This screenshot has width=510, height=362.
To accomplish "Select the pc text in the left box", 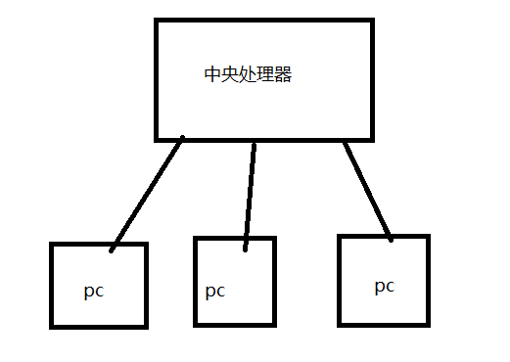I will tap(94, 291).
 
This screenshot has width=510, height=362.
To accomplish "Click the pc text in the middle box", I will tap(215, 291).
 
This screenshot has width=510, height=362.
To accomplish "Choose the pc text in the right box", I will tap(384, 286).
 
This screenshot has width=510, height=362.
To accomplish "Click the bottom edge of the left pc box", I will tap(98, 325).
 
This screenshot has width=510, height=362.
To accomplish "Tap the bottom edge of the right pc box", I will tap(384, 323).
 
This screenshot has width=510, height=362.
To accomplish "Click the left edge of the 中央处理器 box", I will tap(157, 78).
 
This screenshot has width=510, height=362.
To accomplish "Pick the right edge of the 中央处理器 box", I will tap(372, 78).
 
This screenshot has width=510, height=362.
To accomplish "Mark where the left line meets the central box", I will tap(182, 141).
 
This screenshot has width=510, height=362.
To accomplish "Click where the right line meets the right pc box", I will tap(390, 237).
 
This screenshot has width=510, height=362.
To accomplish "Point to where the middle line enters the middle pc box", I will tap(246, 240).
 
